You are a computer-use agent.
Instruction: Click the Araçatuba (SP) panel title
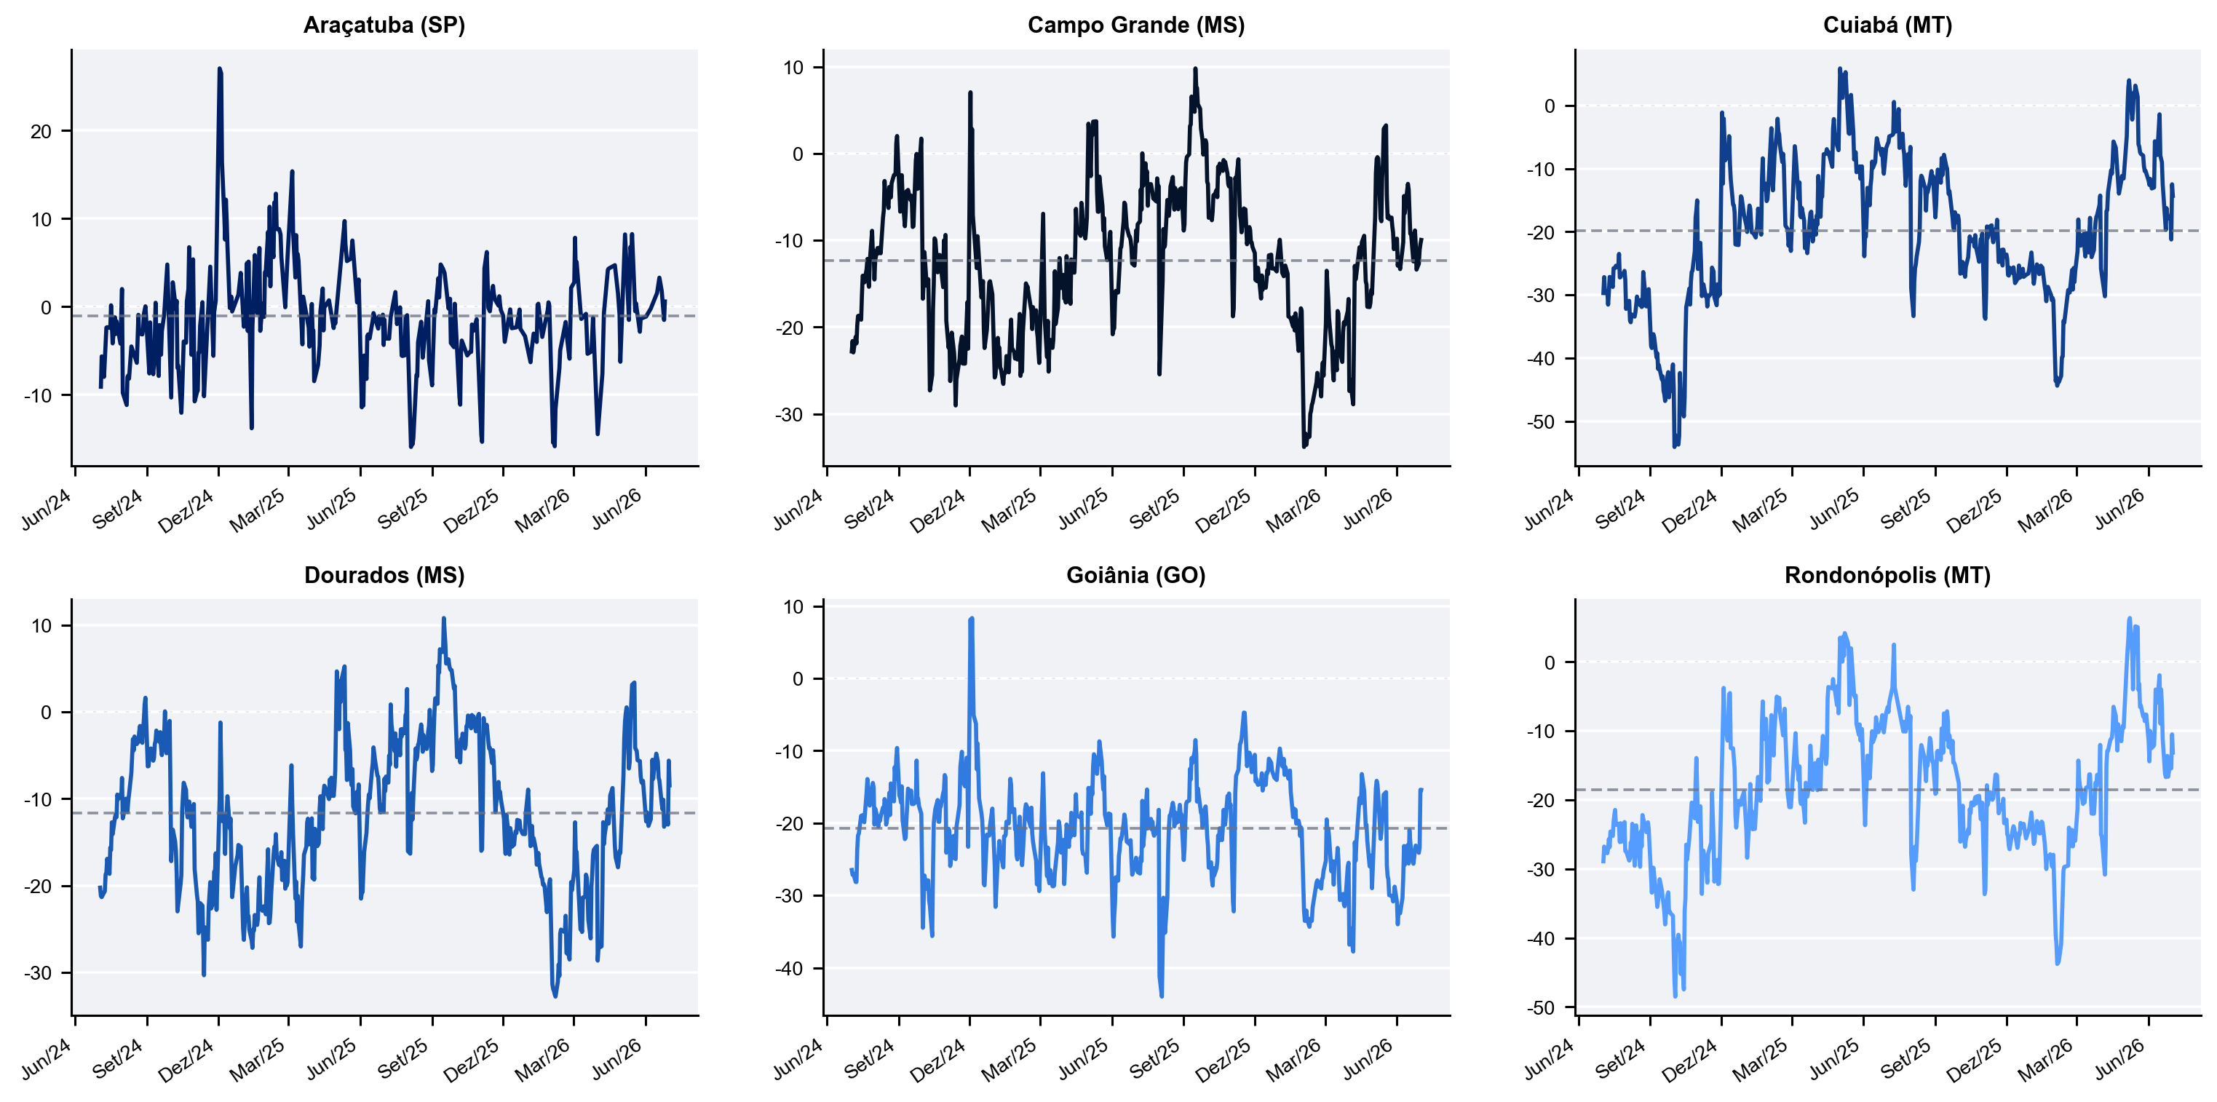click(384, 25)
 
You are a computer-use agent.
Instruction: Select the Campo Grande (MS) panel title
click(1136, 25)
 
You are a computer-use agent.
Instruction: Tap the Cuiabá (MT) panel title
click(1887, 25)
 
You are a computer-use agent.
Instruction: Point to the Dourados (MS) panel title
click(384, 575)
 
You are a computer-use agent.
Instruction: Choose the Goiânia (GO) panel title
click(1136, 575)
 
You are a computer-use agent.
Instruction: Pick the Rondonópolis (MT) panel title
click(1887, 575)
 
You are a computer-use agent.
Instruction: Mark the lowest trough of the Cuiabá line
click(1675, 447)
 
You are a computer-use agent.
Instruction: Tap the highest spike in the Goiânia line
click(972, 617)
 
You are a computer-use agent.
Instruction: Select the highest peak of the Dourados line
click(444, 617)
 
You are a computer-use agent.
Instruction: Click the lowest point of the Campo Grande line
click(1305, 447)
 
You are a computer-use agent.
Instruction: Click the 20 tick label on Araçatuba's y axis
click(41, 132)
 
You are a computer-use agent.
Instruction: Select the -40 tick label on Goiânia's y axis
click(789, 970)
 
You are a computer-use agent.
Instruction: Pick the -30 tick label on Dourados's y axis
click(38, 974)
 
